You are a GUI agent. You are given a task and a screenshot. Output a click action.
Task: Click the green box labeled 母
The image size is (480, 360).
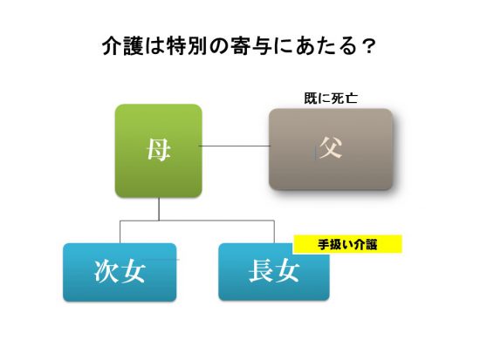[158, 151]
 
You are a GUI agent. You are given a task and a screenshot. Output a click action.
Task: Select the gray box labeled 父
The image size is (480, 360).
[331, 149]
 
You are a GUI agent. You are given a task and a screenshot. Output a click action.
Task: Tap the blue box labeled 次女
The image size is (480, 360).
[120, 272]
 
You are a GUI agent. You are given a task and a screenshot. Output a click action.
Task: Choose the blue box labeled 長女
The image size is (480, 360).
[274, 272]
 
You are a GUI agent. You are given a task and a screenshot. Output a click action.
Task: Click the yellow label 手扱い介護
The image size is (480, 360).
[347, 244]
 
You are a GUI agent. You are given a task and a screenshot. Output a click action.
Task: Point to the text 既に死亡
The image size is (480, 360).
[331, 98]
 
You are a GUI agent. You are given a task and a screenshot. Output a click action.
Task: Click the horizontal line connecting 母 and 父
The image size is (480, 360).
[235, 146]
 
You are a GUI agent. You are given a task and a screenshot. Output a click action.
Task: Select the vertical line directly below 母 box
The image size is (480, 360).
[159, 209]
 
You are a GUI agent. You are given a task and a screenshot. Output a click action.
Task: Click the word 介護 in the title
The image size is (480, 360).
[122, 46]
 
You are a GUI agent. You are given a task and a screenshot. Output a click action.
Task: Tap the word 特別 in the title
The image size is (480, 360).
[188, 46]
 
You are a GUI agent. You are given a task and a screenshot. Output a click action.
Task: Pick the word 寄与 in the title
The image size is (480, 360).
[252, 46]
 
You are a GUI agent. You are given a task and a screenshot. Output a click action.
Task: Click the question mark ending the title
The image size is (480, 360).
[367, 47]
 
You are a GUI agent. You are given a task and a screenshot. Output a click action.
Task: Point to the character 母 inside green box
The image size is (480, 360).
[158, 150]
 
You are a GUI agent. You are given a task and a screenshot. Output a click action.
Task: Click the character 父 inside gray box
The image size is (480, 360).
[330, 147]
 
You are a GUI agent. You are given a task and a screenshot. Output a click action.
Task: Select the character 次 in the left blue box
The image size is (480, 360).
[106, 272]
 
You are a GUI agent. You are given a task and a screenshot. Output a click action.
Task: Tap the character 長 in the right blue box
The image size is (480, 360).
[261, 271]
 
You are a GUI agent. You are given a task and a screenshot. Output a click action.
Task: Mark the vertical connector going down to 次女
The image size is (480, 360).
[120, 232]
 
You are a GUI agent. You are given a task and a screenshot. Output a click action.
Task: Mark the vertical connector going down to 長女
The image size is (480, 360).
[274, 232]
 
